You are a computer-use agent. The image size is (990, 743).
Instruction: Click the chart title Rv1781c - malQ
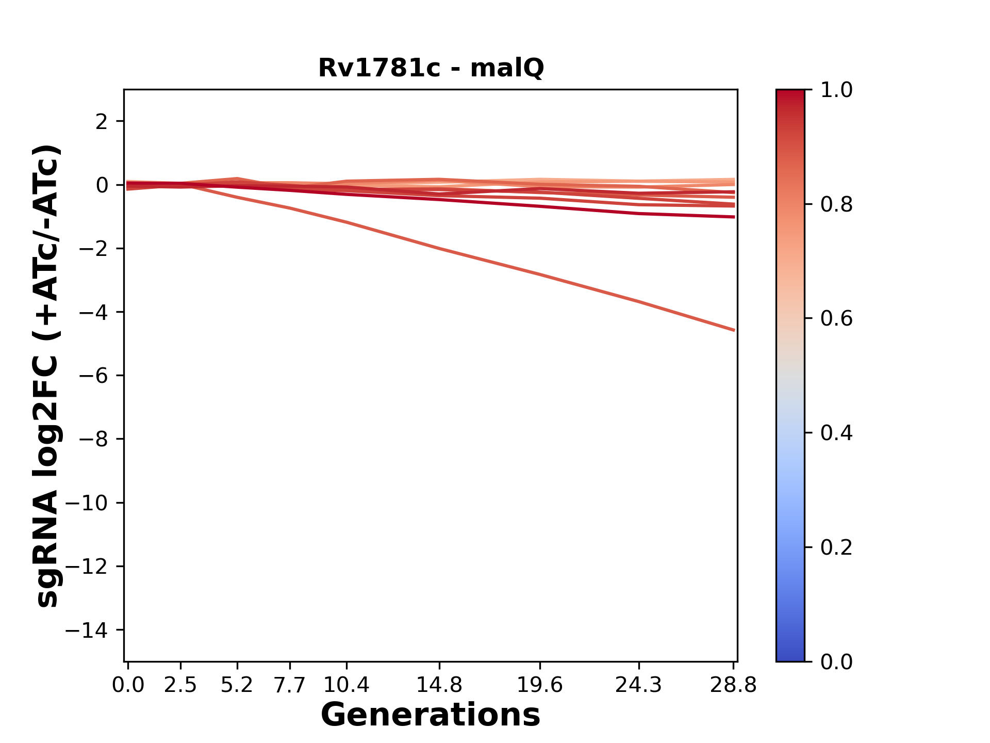[x=431, y=68]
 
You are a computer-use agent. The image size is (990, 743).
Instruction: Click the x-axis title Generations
[x=431, y=715]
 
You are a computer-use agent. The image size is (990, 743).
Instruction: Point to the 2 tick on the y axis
[x=102, y=122]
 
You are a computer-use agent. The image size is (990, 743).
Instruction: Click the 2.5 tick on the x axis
[x=180, y=685]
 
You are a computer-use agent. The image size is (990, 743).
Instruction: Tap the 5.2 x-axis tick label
[x=237, y=685]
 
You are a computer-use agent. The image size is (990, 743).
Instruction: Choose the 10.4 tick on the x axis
[x=346, y=685]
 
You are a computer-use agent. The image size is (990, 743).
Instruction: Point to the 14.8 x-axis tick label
[x=439, y=685]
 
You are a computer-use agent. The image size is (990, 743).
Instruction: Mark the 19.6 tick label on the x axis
[x=540, y=685]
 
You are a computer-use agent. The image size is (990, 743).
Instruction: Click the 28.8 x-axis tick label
[x=734, y=685]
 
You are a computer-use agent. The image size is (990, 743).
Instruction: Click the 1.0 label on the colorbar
[x=836, y=90]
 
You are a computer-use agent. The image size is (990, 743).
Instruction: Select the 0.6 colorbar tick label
[x=836, y=319]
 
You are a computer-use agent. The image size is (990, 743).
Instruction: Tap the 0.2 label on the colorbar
[x=836, y=547]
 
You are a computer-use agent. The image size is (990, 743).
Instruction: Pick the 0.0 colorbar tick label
[x=836, y=661]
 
